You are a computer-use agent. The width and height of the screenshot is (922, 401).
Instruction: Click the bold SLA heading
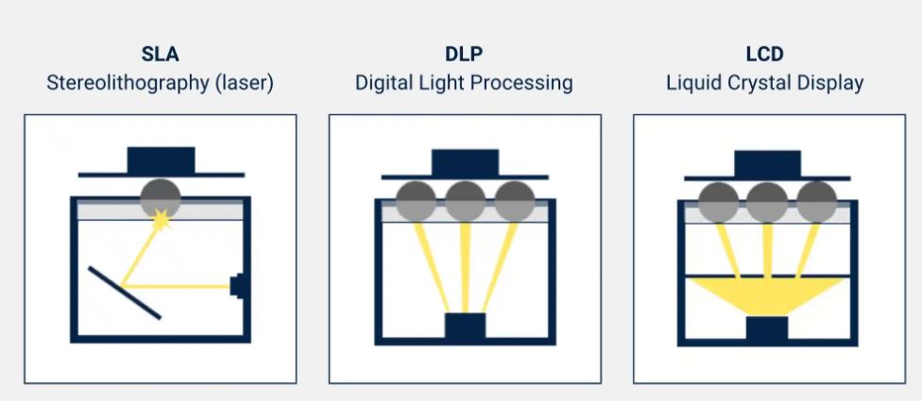[160, 56]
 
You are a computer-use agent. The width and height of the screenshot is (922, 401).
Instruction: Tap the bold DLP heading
[464, 56]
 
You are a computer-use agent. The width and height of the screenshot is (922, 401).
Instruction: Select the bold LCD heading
[764, 56]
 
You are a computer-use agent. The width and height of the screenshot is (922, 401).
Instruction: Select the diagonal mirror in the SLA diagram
[125, 292]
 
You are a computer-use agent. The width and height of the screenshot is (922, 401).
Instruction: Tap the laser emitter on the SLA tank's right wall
[239, 285]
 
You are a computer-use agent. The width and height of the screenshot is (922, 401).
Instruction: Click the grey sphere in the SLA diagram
[161, 195]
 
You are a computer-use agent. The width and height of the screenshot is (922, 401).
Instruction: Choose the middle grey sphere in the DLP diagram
[465, 201]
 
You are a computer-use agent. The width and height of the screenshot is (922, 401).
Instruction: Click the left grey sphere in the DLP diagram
[416, 201]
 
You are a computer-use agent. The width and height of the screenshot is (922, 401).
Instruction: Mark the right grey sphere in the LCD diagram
[816, 202]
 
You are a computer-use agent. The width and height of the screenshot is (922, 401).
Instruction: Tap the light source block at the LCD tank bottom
[767, 329]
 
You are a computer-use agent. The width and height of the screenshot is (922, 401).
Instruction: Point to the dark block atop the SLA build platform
[161, 159]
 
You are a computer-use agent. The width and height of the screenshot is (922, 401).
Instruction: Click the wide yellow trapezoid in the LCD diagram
[767, 292]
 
